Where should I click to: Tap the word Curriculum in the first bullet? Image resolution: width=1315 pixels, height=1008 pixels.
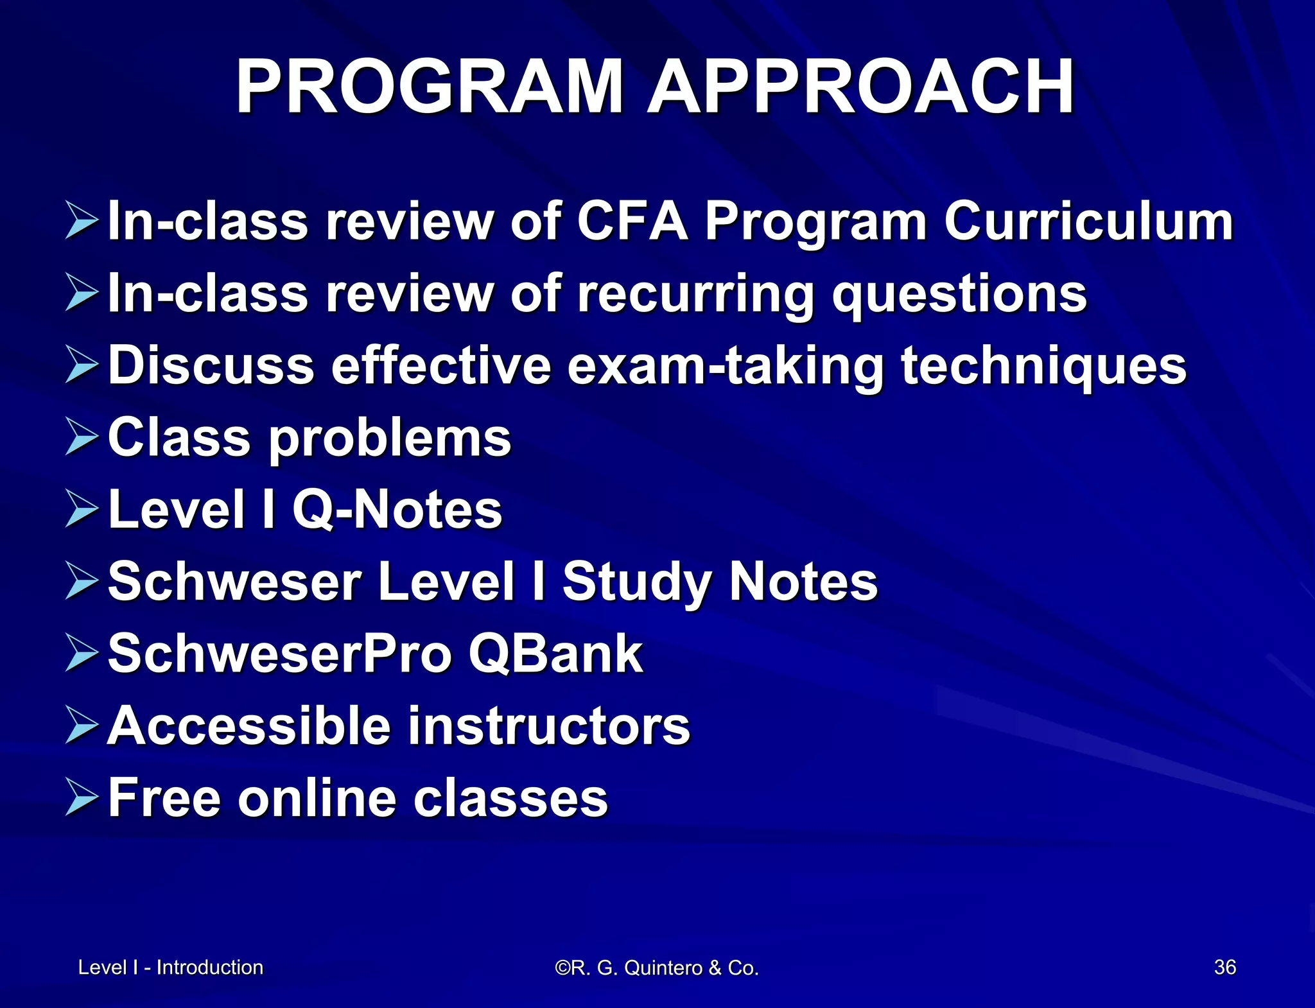pos(1088,222)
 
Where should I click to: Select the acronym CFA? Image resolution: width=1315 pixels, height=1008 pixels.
pos(632,222)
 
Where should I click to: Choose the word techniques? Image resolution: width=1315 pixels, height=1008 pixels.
pos(1043,366)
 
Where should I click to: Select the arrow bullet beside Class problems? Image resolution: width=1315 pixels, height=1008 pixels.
pos(82,438)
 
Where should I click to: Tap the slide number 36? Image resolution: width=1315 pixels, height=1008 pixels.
pos(1224,967)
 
